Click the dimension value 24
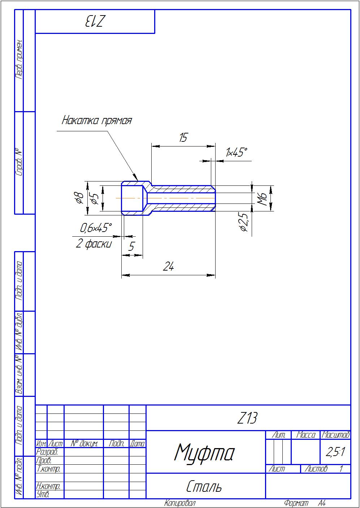coord(169,267)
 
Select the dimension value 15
coord(183,137)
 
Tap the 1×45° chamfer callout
coord(237,153)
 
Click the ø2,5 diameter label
coord(243,222)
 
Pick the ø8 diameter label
coord(79,198)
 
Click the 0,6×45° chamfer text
coord(96,228)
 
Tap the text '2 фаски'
coord(94,244)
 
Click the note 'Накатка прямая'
coord(97,120)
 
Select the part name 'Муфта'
coord(204,452)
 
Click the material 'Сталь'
coord(204,487)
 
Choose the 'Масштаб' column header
coord(335,435)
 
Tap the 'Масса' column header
coord(305,435)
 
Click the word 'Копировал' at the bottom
coord(180,503)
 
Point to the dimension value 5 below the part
coord(131,247)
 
